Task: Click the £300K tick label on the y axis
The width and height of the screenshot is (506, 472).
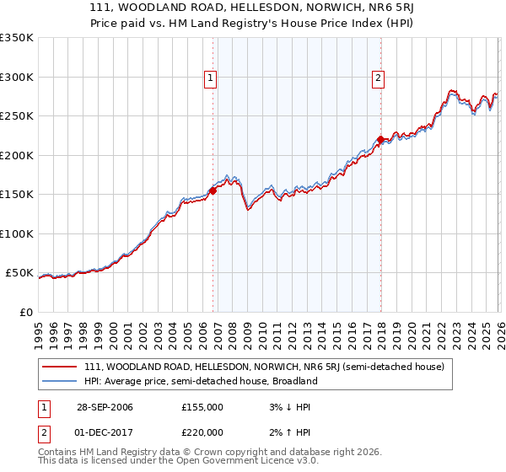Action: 17,77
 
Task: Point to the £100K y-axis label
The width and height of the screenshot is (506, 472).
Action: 17,233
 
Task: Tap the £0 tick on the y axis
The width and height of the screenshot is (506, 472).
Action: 25,312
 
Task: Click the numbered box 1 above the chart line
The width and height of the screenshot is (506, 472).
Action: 210,78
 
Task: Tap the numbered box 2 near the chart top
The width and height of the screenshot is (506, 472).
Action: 378,78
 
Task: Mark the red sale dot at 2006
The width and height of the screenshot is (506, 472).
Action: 213,190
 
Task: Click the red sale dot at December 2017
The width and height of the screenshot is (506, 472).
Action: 380,140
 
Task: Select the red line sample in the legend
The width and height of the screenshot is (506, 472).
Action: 60,367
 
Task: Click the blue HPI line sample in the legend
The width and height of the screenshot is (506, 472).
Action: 60,381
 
